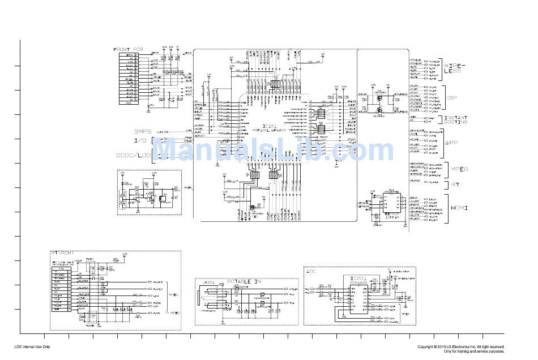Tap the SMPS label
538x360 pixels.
[x=143, y=131]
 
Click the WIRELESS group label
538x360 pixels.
[x=452, y=68]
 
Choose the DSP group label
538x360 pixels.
[x=451, y=98]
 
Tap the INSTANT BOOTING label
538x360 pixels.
[x=455, y=119]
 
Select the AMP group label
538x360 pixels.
[x=451, y=142]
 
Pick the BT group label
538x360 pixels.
[x=452, y=185]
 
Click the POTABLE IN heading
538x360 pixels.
[x=245, y=281]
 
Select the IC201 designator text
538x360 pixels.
[x=359, y=278]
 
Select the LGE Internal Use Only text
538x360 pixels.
[x=32, y=346]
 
